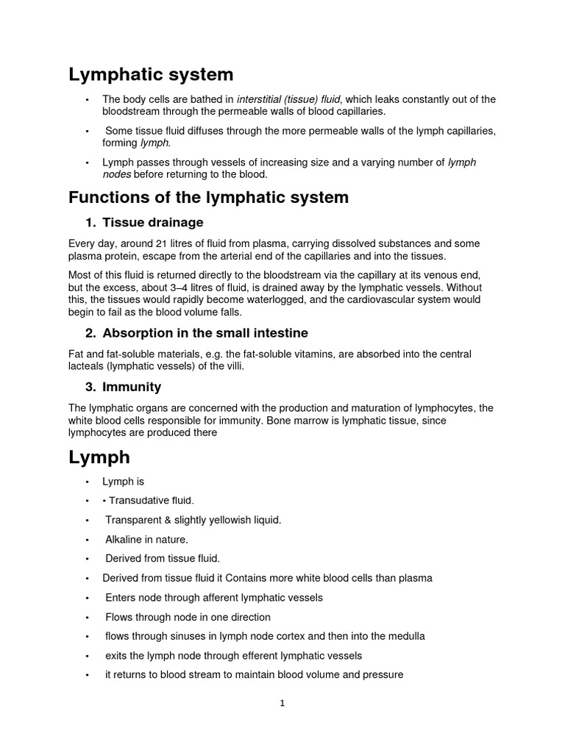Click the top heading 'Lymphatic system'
[151, 74]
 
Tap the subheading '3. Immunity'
[123, 387]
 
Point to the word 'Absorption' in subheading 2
[138, 333]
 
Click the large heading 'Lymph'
[99, 457]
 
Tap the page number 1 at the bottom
[282, 703]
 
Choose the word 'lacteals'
[88, 366]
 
